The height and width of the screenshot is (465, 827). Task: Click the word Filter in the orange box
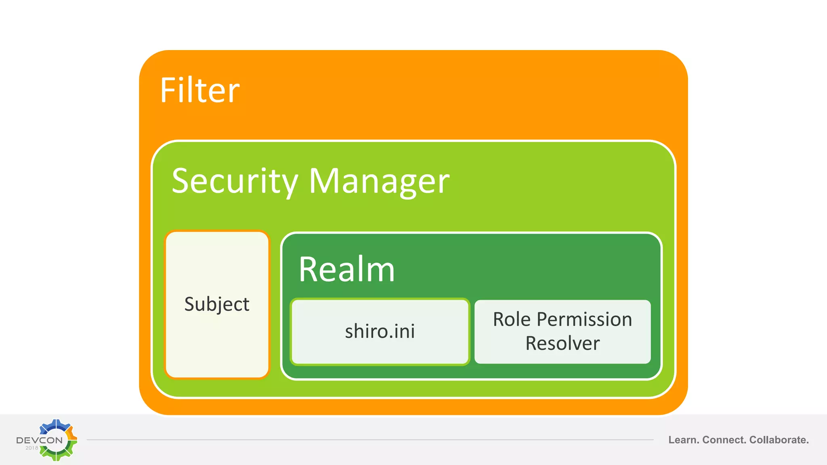coord(200,90)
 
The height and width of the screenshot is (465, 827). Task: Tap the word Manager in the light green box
coord(379,181)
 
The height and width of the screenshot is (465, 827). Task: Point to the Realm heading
coord(346,269)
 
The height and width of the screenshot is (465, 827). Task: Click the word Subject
coord(217,304)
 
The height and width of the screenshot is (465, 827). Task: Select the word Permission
coord(584,319)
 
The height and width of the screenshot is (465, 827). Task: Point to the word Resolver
coord(562,344)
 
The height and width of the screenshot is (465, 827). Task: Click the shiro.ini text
coord(380,331)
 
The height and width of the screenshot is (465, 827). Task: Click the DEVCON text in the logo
coord(39,440)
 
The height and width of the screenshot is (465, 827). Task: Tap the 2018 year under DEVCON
coord(32,448)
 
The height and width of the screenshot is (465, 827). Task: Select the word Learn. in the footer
coord(684,440)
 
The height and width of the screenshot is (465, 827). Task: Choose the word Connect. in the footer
coord(724,440)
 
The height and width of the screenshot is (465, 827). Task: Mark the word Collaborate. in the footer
coord(779,440)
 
